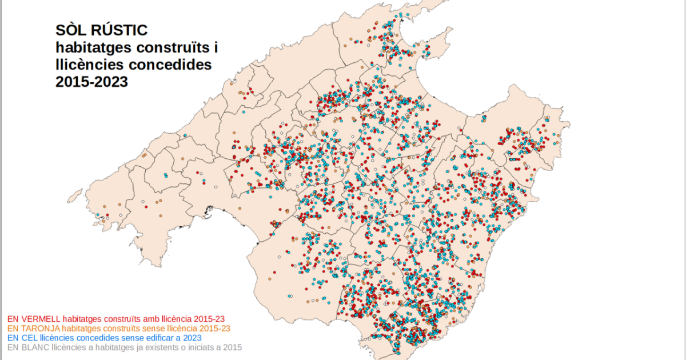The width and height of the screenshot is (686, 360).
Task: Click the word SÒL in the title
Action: coord(71,30)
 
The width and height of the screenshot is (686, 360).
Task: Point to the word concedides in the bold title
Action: coord(170,65)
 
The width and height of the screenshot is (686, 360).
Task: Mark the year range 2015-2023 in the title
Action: coord(91,82)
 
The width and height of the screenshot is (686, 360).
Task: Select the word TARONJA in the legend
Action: coord(41,329)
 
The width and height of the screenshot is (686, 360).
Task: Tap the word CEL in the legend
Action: coord(29,338)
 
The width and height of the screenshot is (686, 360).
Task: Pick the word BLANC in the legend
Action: coord(34,347)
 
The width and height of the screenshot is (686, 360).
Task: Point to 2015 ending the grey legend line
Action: coord(232,347)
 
